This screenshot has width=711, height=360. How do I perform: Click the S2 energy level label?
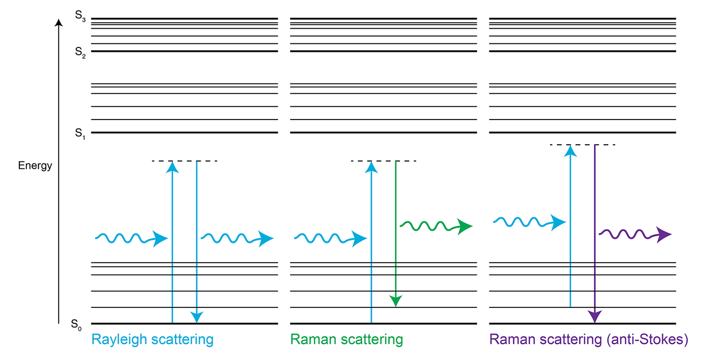80,52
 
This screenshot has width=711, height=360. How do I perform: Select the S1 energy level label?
80,134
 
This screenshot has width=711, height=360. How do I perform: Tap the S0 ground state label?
78,325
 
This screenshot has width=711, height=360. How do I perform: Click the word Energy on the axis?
35,166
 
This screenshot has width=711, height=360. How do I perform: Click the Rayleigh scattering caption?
152,340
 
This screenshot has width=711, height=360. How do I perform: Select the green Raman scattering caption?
346,340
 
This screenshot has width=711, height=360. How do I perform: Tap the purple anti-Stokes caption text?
588,340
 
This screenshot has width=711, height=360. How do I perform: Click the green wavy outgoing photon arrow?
436,226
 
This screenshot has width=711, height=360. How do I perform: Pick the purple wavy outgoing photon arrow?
635,234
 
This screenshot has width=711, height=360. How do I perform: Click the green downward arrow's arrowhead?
395,301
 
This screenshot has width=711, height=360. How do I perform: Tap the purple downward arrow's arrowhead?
594,317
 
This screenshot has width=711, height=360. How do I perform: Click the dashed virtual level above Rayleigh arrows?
184,161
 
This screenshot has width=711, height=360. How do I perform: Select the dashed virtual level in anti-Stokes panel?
583,144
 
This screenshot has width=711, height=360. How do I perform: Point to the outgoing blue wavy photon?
237,238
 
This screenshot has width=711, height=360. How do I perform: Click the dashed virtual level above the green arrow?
383,161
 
